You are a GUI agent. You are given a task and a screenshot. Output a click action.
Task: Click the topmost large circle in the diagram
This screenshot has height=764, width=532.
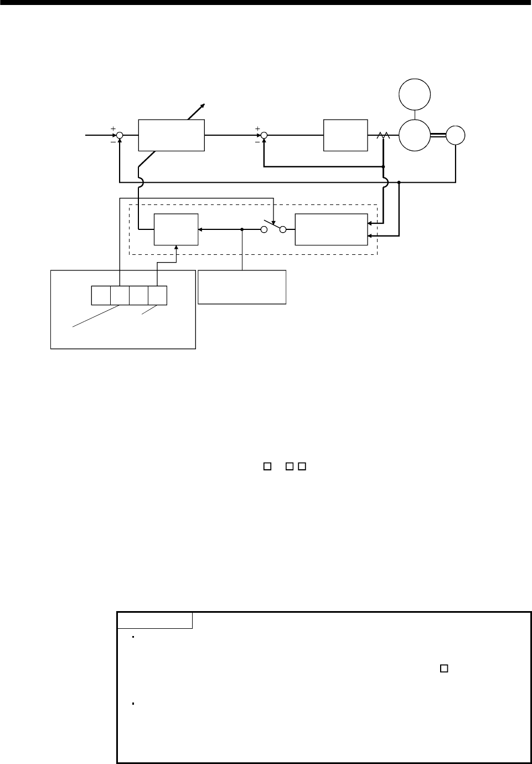pos(415,94)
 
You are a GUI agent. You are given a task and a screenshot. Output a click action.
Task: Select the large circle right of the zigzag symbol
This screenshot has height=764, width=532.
pos(415,135)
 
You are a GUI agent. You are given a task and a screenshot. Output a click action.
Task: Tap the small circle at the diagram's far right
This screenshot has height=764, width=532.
pos(456,135)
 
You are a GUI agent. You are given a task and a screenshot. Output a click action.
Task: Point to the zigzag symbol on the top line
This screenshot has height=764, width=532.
pos(383,135)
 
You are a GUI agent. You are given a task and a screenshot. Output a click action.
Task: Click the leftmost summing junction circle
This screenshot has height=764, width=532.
pos(120,135)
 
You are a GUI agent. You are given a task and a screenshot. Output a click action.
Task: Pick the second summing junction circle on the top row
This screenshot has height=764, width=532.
pos(264,135)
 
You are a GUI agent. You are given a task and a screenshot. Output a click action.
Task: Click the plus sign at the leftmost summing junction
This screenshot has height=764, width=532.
pos(113,129)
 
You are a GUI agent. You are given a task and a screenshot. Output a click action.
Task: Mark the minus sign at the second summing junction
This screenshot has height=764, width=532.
pos(257,141)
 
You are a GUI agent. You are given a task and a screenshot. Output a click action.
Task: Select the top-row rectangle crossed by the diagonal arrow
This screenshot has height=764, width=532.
pos(171,135)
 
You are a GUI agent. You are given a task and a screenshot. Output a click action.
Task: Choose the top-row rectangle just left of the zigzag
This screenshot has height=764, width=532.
pos(345,135)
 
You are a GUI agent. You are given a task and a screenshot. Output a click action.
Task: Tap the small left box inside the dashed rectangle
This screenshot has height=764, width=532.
pos(176,229)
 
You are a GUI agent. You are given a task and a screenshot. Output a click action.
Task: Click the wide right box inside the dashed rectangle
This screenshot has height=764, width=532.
pos(331,229)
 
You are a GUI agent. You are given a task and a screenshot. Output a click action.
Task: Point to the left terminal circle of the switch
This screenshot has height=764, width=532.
pos(265,229)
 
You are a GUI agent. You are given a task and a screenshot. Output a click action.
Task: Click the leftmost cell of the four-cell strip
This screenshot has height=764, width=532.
pos(101,295)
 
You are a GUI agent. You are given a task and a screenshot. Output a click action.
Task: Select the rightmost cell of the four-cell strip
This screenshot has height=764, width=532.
pos(158,295)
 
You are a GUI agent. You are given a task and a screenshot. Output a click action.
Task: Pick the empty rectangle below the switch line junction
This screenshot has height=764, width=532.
pos(242,287)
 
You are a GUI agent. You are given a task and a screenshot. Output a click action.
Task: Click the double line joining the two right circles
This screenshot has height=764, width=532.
pos(438,135)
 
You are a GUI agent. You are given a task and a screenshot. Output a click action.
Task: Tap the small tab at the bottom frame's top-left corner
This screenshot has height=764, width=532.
pos(155,621)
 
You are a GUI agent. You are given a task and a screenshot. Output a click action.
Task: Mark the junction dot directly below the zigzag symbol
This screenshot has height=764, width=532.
pos(383,166)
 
